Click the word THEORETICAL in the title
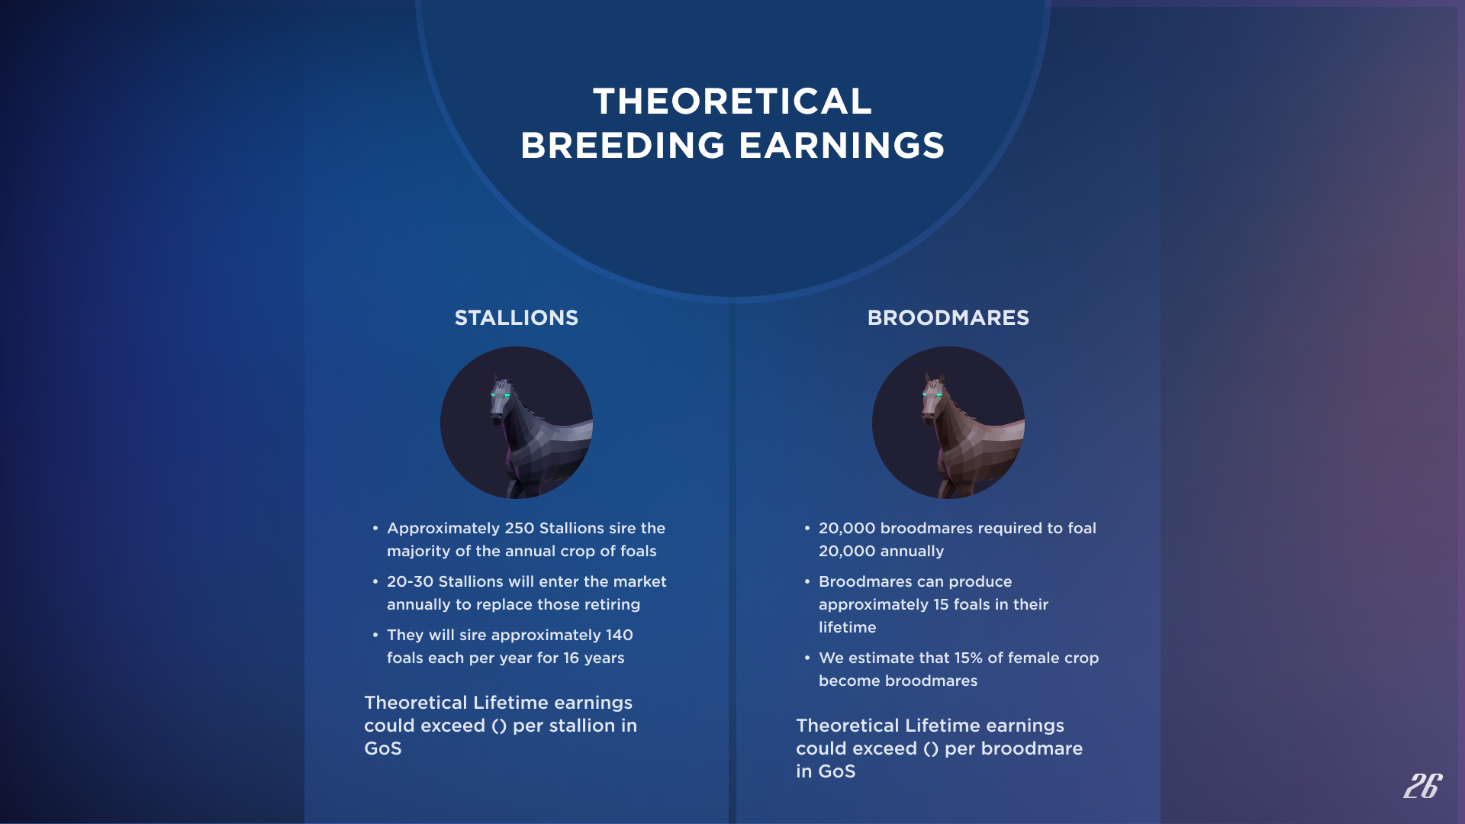(732, 101)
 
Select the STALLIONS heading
(517, 318)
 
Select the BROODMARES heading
(948, 318)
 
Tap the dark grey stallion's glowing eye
(507, 395)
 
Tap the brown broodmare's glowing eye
(939, 395)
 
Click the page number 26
(1423, 786)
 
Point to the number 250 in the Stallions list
(519, 528)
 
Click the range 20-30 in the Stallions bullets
(410, 581)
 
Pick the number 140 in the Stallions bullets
(619, 635)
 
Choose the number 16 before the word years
(572, 658)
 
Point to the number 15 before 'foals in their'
(941, 604)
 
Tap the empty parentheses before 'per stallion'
(499, 726)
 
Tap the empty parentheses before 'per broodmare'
(931, 749)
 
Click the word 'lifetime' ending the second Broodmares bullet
(848, 627)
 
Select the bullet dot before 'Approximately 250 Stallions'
(375, 528)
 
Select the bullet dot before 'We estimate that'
(807, 658)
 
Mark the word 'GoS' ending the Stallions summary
(383, 748)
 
